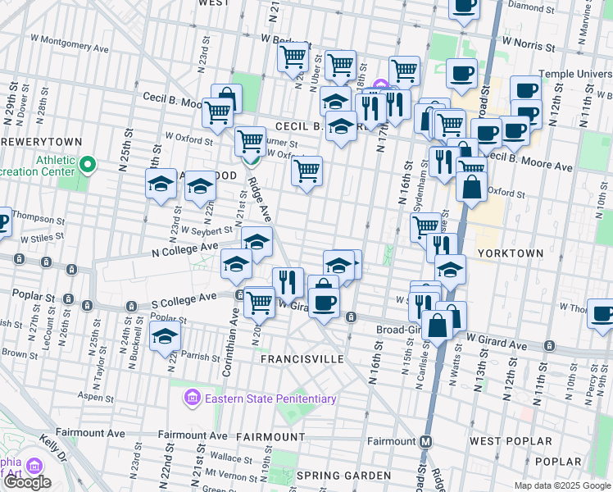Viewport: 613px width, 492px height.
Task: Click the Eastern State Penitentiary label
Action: click(270, 399)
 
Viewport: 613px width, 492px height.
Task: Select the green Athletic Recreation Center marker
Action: click(88, 167)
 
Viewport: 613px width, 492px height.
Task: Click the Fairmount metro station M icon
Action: click(425, 441)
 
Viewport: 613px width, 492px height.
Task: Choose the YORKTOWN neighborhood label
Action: click(510, 253)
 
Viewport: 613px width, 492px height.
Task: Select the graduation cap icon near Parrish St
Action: click(164, 335)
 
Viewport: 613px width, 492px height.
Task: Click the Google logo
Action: click(27, 482)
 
